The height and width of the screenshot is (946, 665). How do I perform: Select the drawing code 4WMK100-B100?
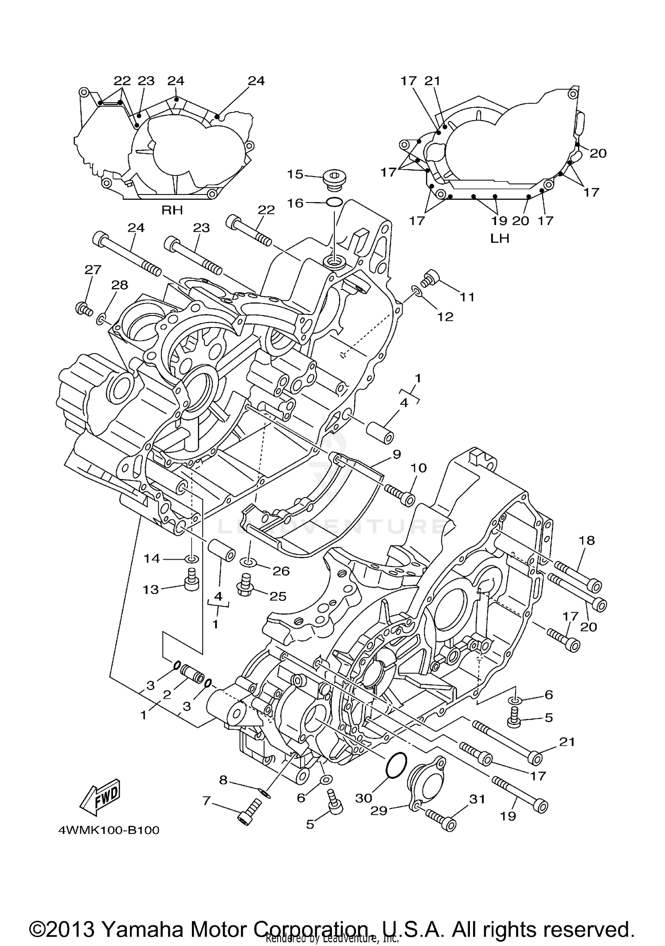coord(109,830)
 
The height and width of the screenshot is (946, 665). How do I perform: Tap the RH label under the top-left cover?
coord(172,210)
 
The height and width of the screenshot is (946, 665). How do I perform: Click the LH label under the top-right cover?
coord(500,238)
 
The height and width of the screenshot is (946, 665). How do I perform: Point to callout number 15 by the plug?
coord(295,174)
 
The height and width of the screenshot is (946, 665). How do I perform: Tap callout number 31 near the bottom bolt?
coord(477,799)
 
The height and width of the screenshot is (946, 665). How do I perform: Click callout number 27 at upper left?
coord(93,269)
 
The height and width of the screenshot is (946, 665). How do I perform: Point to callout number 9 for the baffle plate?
coord(396,454)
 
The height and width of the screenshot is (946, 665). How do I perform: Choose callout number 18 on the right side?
coord(587,540)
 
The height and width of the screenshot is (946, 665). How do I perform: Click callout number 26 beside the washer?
coord(281,571)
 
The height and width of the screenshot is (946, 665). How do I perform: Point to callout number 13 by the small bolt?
coord(151,590)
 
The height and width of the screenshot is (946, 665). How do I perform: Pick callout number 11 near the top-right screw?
coord(467,296)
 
